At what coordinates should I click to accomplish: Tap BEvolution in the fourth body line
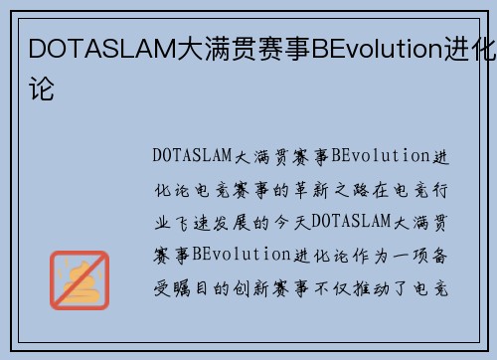tap(242, 256)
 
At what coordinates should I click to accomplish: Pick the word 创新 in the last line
tap(253, 288)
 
